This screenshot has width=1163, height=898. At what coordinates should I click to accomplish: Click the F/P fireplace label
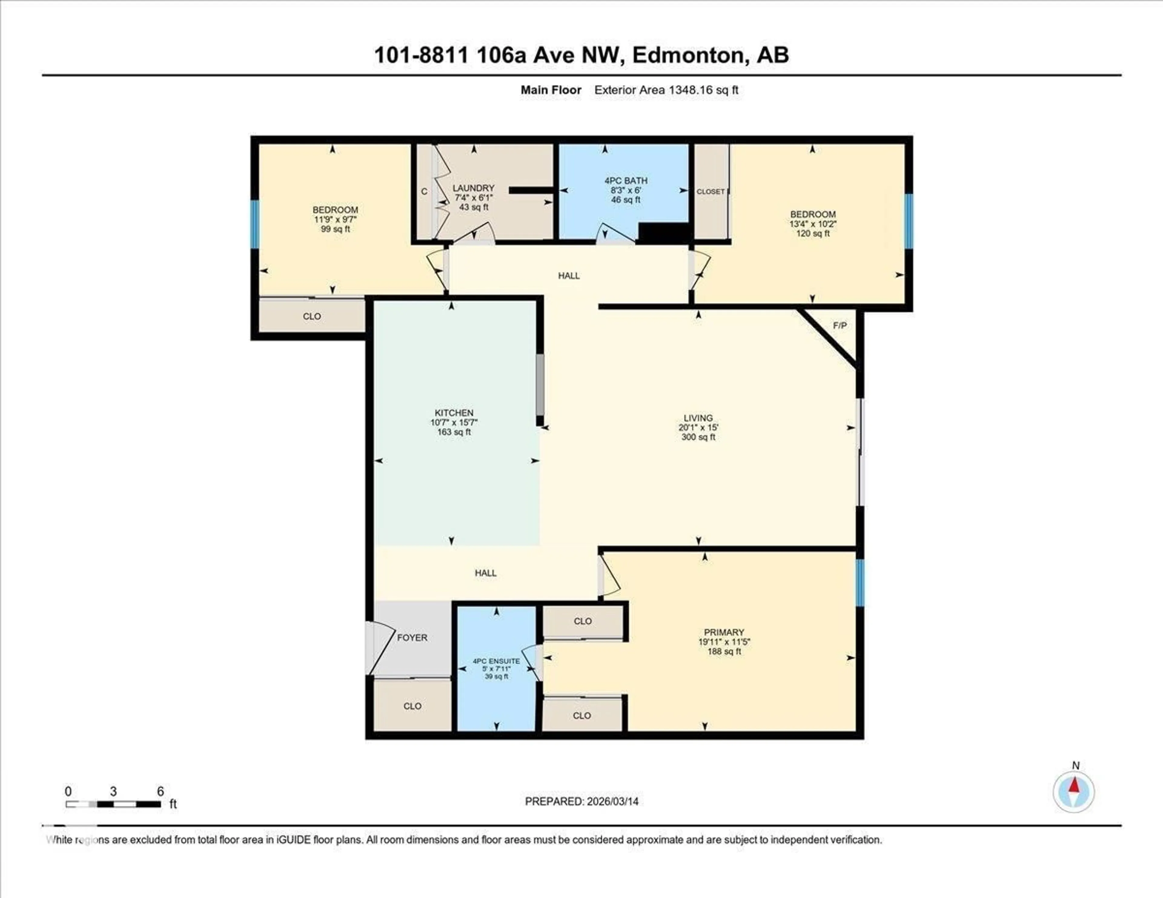coord(840,325)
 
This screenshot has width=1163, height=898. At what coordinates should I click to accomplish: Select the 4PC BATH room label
coord(626,190)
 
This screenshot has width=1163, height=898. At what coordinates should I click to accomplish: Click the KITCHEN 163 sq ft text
coord(454,422)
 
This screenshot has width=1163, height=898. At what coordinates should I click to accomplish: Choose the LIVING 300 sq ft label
coord(698,428)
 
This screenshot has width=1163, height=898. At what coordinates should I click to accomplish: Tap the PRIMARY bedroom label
coord(724,642)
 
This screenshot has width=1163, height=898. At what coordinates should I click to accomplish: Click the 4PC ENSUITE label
coord(496,669)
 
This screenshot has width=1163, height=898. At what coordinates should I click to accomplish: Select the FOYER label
coord(412,637)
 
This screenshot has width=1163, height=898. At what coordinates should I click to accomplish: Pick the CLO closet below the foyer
coord(412,706)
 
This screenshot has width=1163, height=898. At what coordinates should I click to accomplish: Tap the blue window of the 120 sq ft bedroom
coord(909,221)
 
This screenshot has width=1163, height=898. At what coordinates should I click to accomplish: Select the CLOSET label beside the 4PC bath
coord(710,192)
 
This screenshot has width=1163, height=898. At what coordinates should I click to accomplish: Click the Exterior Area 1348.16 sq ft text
coord(666,90)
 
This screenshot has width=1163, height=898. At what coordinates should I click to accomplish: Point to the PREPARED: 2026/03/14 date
coord(581,801)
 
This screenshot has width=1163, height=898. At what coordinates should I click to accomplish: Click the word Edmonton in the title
coord(687,55)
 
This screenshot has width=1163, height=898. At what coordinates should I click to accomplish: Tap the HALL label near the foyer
coord(485,573)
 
